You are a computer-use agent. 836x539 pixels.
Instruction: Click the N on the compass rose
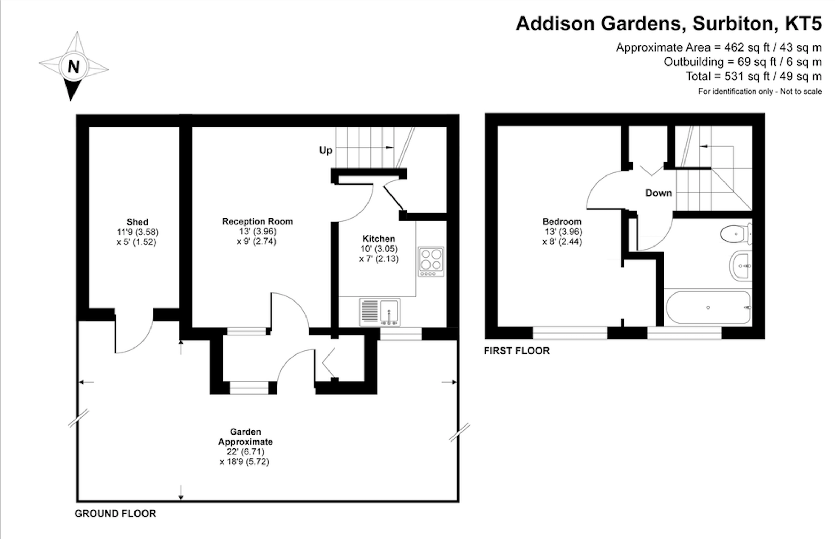point(73,66)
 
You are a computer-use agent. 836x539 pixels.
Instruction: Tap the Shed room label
point(137,222)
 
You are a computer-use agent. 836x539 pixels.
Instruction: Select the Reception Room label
point(257,221)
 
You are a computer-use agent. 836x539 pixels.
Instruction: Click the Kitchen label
point(378,239)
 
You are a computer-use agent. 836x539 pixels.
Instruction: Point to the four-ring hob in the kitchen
point(431,261)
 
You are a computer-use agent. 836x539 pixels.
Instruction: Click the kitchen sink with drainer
point(380,312)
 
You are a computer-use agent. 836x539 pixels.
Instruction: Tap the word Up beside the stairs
point(326,150)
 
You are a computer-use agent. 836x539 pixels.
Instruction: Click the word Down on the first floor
point(658,193)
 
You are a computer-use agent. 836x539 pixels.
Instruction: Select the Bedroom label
point(562,221)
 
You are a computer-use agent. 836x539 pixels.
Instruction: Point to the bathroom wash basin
point(742,266)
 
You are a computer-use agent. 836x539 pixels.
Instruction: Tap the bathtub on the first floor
point(708,308)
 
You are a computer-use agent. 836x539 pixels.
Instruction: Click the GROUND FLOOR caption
point(115,514)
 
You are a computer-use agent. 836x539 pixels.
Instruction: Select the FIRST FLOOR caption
point(516,351)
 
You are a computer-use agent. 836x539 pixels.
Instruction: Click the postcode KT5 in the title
point(803,23)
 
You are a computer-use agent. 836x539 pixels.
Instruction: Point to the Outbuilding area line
point(742,62)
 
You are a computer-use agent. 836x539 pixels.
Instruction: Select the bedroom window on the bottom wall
point(570,333)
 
